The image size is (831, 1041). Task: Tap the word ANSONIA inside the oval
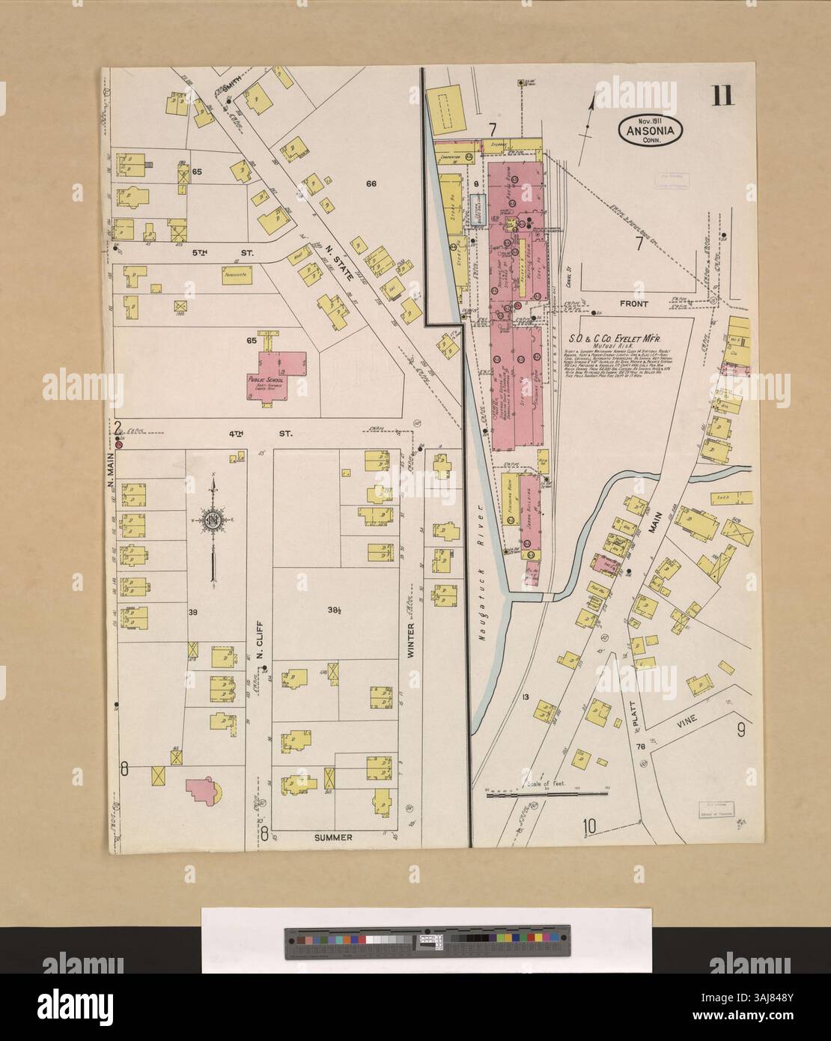pos(649,130)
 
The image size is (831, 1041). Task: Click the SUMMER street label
pos(332,837)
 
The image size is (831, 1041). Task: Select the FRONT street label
pos(633,305)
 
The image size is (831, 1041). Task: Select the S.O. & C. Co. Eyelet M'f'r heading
pos(621,328)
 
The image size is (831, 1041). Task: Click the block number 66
pos(369,183)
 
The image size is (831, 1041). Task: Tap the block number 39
pos(193,611)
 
